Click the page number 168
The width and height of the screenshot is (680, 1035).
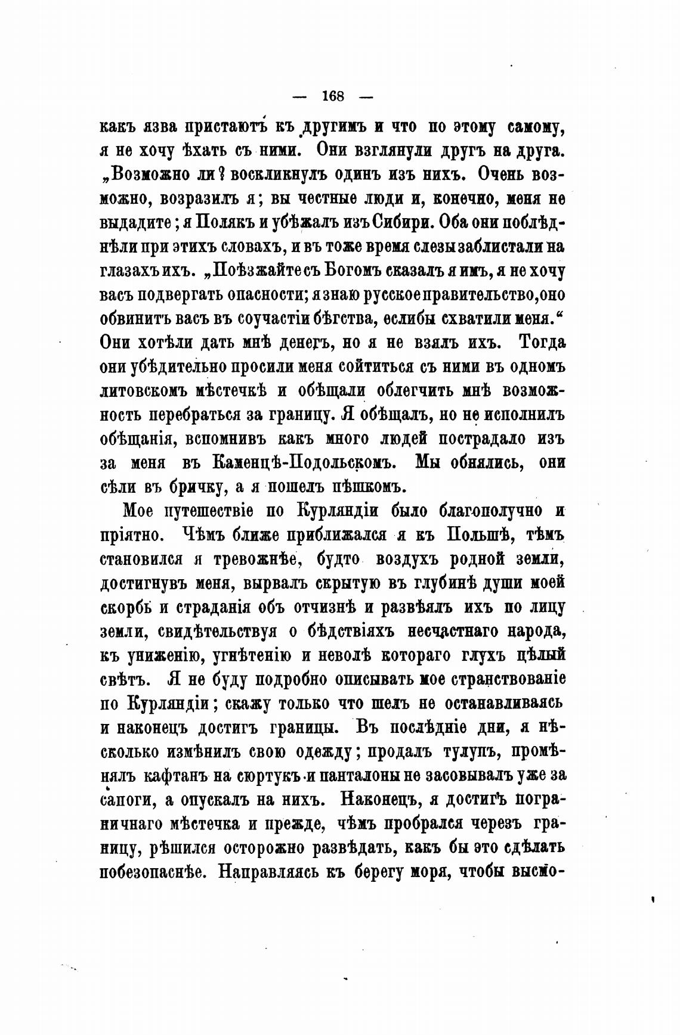[x=333, y=95]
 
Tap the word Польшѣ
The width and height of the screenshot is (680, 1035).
[x=477, y=535]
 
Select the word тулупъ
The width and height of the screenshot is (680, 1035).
[x=462, y=752]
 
